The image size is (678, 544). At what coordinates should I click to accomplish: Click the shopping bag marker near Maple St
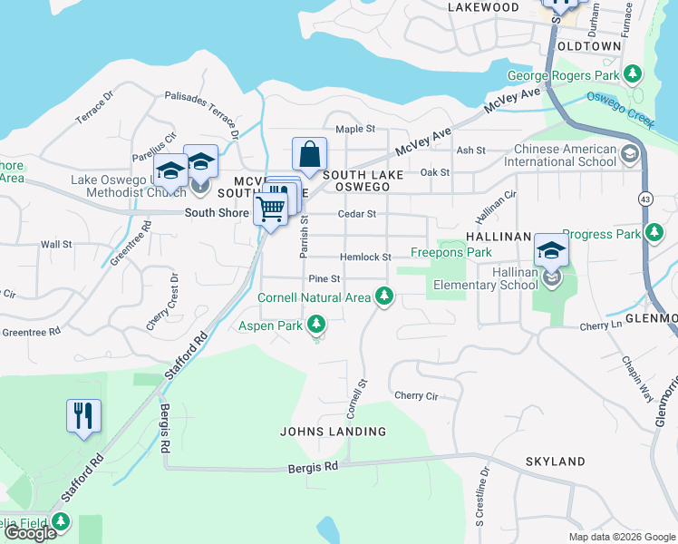(x=309, y=154)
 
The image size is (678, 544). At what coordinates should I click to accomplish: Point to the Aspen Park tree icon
(x=315, y=324)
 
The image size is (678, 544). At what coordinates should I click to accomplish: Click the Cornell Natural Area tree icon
(x=384, y=296)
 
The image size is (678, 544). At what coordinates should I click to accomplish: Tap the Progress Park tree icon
(x=653, y=234)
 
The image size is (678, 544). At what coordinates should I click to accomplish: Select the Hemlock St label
(x=365, y=257)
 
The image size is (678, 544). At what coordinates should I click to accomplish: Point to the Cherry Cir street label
(x=416, y=395)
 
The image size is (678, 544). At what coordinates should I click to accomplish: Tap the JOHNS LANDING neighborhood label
(x=334, y=432)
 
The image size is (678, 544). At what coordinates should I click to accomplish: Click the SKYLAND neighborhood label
(x=555, y=461)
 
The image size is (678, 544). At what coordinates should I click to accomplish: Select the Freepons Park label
(x=451, y=252)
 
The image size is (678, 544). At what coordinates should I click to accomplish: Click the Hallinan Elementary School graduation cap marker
(x=551, y=251)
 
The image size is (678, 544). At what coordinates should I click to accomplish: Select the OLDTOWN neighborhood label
(x=589, y=45)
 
